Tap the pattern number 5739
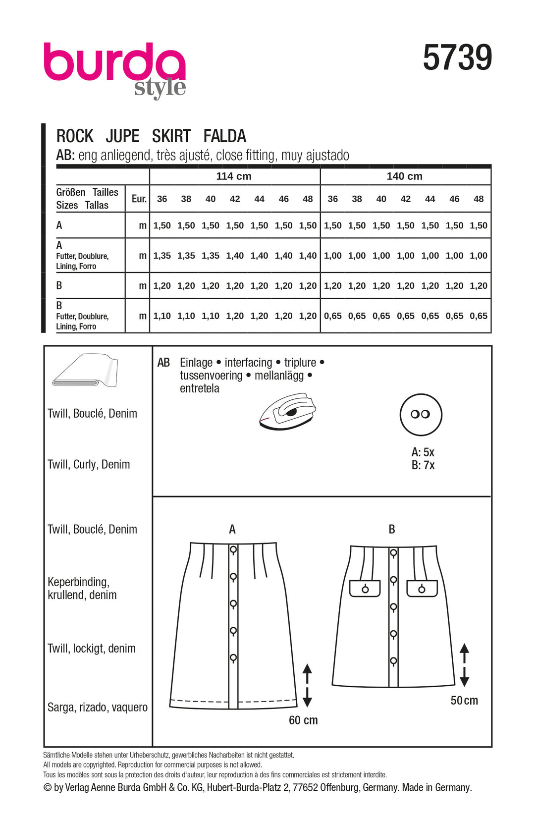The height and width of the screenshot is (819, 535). coord(457,57)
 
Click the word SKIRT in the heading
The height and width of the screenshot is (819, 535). coord(171,136)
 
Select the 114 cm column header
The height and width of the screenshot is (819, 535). coord(234,176)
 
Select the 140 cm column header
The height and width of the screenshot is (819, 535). coord(404,176)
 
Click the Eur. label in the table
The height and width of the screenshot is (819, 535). coord(139,199)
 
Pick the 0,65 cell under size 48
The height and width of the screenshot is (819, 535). coord(479,316)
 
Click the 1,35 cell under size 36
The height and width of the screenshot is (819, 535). coord(162,256)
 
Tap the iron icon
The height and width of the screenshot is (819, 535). coord(287,411)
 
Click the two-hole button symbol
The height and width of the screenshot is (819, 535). coord(421,414)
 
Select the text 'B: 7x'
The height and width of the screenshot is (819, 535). coord(423,465)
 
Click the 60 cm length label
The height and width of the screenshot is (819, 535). coord(303,720)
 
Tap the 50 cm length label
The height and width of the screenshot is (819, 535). coord(464,700)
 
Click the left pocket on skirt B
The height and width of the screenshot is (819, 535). coord(365,588)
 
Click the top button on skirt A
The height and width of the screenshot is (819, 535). coord(233,550)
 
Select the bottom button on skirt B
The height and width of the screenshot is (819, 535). coord(393,660)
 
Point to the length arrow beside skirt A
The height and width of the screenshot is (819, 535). coord(307,685)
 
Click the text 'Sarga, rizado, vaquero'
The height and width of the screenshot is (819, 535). coord(98,707)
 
